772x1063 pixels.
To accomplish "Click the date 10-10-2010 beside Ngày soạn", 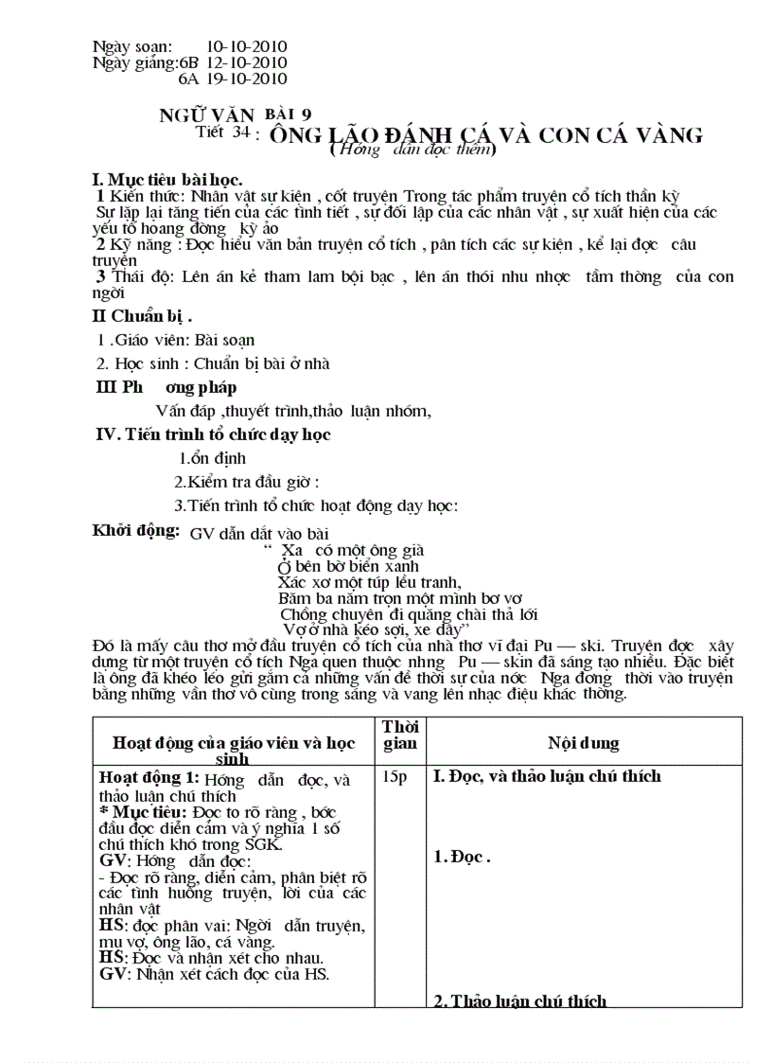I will [247, 46].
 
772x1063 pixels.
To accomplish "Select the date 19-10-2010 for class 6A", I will [247, 80].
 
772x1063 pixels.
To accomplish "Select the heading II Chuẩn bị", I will [141, 316].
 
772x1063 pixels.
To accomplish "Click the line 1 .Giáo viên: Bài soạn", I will [176, 340].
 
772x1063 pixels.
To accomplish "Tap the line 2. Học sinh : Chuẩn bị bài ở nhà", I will [213, 363].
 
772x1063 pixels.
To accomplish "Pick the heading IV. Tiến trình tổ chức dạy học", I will [214, 434].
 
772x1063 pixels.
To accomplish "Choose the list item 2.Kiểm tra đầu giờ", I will [253, 482].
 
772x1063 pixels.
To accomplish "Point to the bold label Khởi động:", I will [135, 530].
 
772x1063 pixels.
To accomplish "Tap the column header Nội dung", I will [583, 744].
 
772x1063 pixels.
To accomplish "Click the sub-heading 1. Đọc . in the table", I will [462, 858].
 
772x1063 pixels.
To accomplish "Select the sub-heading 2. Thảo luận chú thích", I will [519, 1001].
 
